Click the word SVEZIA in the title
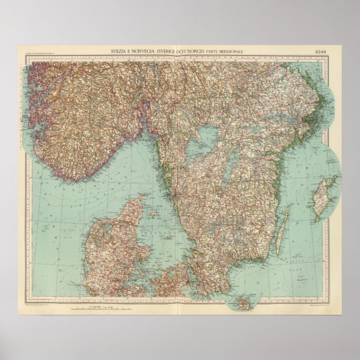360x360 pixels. click(x=119, y=52)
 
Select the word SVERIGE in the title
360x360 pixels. click(x=174, y=52)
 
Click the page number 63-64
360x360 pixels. click(x=321, y=52)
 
